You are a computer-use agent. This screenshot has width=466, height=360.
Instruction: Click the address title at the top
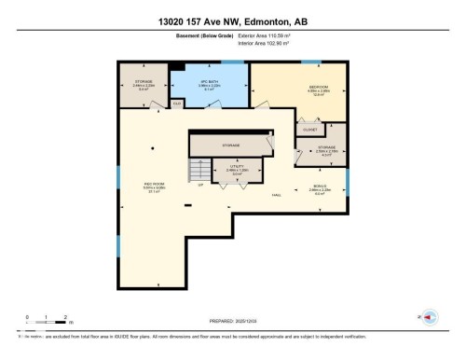coord(232,20)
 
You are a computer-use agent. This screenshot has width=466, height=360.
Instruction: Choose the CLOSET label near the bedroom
coord(309,130)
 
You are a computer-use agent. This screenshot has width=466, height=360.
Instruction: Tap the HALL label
coord(277,195)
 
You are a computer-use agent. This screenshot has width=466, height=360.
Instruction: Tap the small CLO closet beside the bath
coord(176,104)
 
